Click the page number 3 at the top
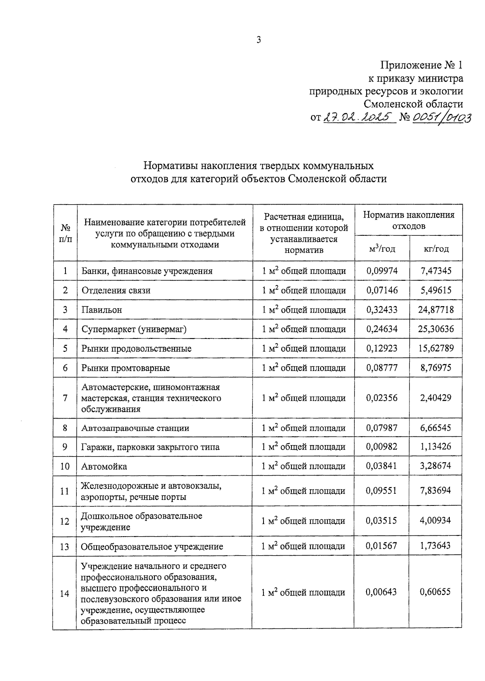click(x=259, y=40)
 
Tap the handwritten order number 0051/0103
click(x=441, y=117)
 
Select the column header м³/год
click(x=382, y=249)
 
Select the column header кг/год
click(x=436, y=249)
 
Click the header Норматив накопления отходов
click(x=409, y=220)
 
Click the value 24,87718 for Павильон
click(x=436, y=310)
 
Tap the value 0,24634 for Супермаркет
click(x=382, y=329)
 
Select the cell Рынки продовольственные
click(x=136, y=349)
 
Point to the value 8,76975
click(x=436, y=368)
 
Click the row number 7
click(x=65, y=398)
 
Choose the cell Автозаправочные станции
click(x=135, y=428)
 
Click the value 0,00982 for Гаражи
click(x=382, y=447)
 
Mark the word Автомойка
click(x=104, y=466)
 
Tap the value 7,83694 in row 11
click(x=435, y=491)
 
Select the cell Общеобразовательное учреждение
click(x=152, y=547)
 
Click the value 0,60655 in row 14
click(x=435, y=592)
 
